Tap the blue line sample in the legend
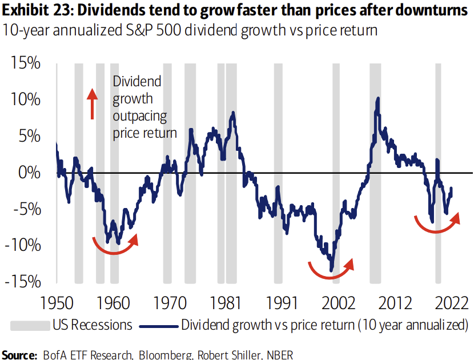(x=158, y=325)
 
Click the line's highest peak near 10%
(x=378, y=98)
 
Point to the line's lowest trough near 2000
(x=331, y=270)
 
